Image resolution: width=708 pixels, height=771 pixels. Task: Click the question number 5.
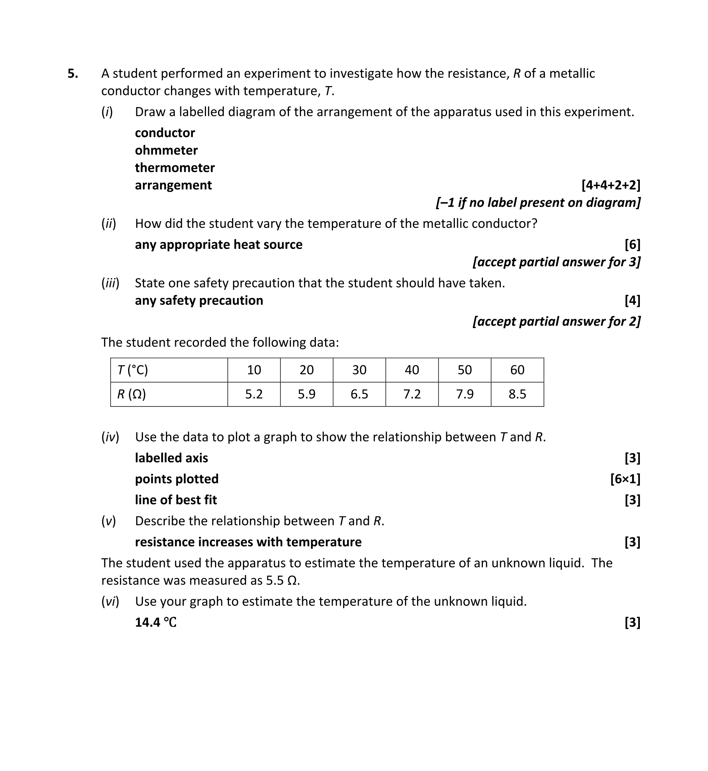point(73,74)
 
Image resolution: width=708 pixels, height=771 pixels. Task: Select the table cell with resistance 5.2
point(254,394)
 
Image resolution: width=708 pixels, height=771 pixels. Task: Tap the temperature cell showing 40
point(412,370)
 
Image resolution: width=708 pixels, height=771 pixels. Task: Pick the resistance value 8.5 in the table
point(517,394)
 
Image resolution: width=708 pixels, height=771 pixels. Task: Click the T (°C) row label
point(133,370)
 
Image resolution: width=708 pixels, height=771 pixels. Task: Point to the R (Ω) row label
point(132,394)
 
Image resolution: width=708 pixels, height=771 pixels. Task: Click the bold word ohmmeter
point(166,150)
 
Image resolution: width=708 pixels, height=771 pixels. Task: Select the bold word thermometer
point(175,168)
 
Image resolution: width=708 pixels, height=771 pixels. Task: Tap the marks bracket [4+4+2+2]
point(611,185)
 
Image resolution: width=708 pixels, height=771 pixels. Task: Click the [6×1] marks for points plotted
point(625,479)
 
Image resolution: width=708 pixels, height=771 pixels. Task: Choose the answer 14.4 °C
point(156,623)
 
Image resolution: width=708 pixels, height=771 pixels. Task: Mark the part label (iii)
point(110,283)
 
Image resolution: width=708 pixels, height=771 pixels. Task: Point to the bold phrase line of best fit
point(176,500)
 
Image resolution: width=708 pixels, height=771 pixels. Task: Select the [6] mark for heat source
point(632,245)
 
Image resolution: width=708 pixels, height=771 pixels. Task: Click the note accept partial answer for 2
point(557,322)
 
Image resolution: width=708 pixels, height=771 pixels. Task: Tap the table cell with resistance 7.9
point(465,394)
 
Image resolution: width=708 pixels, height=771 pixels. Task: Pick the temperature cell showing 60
point(517,370)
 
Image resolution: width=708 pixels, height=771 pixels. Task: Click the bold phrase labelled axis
point(171,458)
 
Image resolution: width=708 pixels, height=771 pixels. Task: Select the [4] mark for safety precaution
point(632,301)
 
